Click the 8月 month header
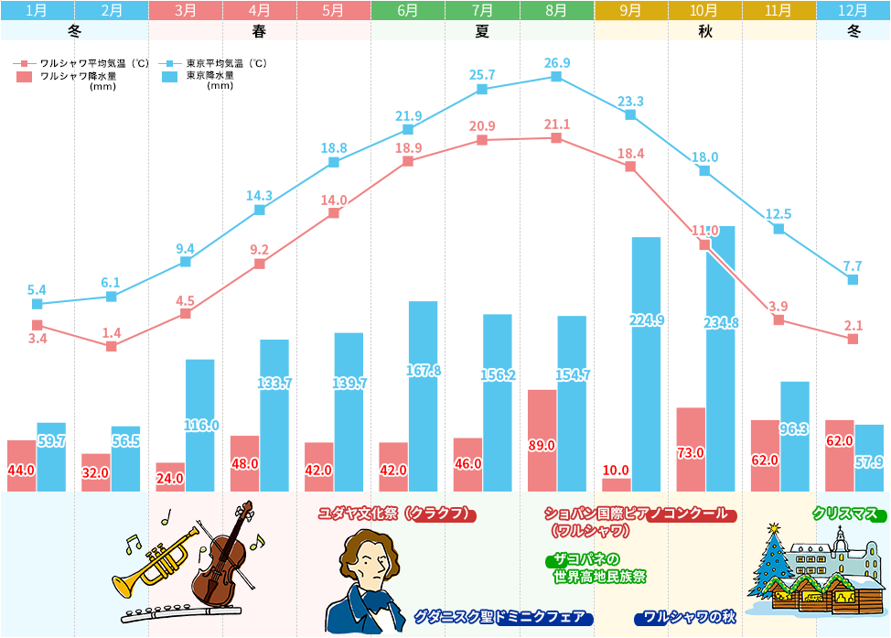(556, 11)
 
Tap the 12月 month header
(853, 11)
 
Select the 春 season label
(259, 30)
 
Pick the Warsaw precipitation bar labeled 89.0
(542, 440)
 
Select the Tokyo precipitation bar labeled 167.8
(423, 395)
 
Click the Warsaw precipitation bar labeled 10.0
(616, 484)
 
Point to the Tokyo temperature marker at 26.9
(556, 77)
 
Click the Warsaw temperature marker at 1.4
(112, 347)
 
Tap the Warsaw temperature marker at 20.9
(482, 141)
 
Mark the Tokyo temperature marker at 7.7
(853, 280)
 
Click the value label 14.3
(259, 195)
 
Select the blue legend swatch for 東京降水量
(169, 77)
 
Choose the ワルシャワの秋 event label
(685, 617)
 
